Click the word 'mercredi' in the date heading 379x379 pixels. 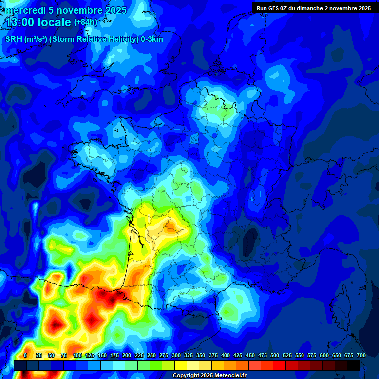[x=25, y=10]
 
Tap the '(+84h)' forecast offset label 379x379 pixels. [x=86, y=22]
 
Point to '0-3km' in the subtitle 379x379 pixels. [x=152, y=39]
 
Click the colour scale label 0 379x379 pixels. [x=25, y=355]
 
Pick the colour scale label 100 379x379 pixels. [x=77, y=355]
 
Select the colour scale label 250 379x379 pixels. [x=152, y=355]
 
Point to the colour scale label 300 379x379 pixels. [x=176, y=355]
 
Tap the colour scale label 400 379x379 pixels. [x=226, y=355]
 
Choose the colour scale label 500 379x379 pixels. [x=275, y=355]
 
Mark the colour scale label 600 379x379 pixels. [x=324, y=355]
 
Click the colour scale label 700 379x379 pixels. [x=361, y=355]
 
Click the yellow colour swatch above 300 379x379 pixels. [x=181, y=365]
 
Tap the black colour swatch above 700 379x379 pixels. [x=353, y=365]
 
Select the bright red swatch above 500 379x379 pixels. [x=279, y=365]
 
